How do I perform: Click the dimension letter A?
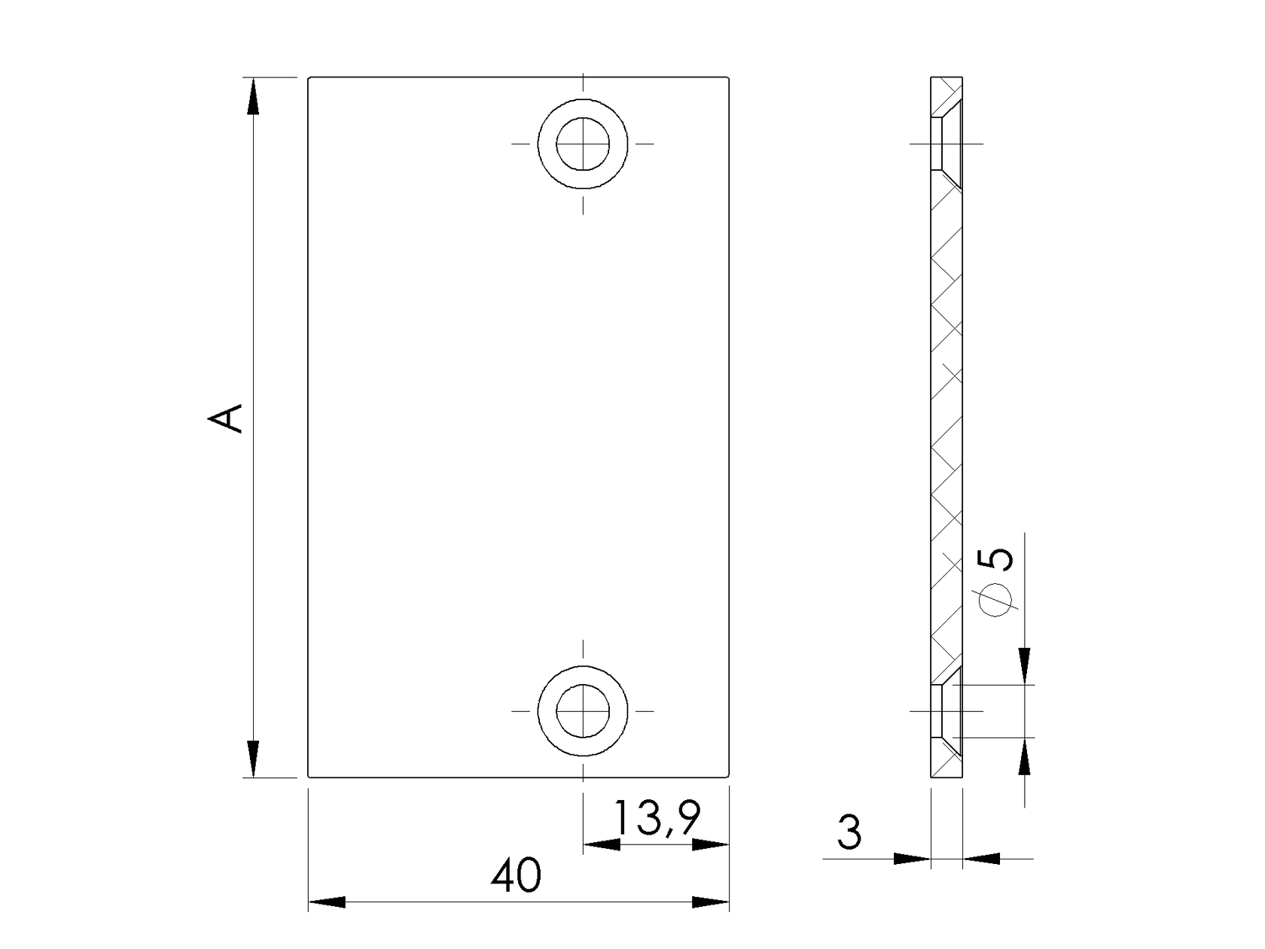coord(226,418)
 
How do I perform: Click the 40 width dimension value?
coord(516,876)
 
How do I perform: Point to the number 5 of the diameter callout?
coord(995,559)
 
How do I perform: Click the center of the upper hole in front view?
coord(583,143)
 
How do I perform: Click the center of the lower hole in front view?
coord(583,710)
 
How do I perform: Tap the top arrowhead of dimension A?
coord(253,96)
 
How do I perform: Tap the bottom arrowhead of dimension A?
coord(253,758)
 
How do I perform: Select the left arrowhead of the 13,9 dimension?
coord(602,844)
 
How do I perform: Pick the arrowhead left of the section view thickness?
coord(912,858)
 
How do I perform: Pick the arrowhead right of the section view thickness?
coord(981,858)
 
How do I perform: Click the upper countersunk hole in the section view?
coord(946,143)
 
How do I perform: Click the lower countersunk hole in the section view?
coord(946,710)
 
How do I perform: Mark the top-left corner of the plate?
coord(309,78)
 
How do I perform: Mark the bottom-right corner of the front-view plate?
coord(729,776)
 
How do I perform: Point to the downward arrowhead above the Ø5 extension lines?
coord(1024,666)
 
